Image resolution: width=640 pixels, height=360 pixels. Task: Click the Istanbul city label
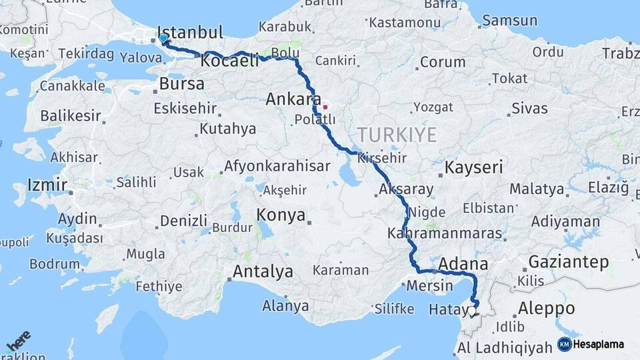190,33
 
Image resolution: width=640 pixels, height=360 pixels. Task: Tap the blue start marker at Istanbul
164,39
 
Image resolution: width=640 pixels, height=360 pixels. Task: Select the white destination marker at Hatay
472,310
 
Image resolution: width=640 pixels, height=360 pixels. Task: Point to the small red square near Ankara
325,107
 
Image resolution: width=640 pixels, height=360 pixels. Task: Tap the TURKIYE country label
397,135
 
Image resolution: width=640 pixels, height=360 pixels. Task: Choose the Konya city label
281,215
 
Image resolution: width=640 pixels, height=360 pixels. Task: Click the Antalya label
263,272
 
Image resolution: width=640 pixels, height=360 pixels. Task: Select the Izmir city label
47,185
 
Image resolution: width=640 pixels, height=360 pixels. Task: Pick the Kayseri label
473,167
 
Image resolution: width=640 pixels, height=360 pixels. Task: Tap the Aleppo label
546,309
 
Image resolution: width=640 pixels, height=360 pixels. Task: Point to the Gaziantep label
569,262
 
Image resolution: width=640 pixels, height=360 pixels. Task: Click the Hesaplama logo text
599,345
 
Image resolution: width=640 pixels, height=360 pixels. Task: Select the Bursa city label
182,84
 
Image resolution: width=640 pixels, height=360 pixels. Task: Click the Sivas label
529,108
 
